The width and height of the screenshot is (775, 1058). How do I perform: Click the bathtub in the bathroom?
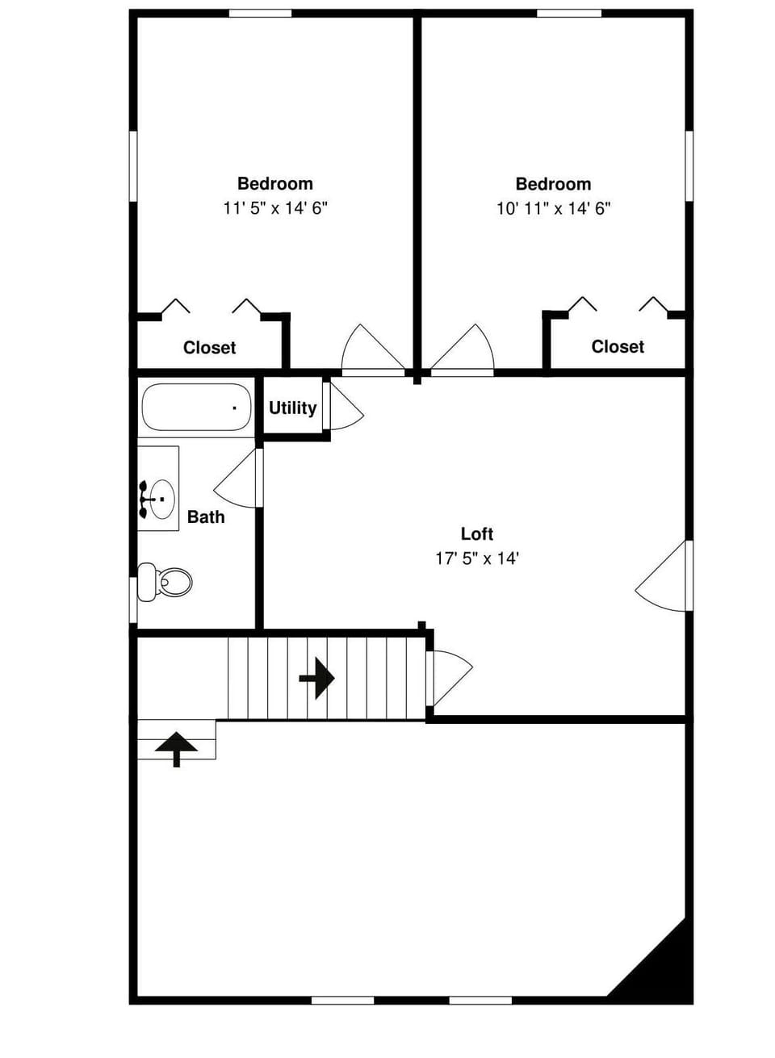pyautogui.click(x=196, y=408)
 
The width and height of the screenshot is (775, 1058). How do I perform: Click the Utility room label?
pyautogui.click(x=292, y=408)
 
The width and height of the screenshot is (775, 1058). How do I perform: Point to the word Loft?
pyautogui.click(x=476, y=533)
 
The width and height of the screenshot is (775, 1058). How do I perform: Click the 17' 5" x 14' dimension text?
pyautogui.click(x=476, y=558)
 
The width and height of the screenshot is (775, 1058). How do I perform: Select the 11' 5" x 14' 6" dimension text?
pyautogui.click(x=274, y=208)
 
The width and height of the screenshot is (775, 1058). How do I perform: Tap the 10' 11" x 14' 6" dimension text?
pyautogui.click(x=553, y=208)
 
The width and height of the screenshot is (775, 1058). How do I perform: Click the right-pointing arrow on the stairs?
pyautogui.click(x=317, y=677)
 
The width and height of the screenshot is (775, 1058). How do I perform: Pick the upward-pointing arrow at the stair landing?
pyautogui.click(x=176, y=749)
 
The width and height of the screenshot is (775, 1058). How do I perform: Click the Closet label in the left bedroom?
pyautogui.click(x=209, y=348)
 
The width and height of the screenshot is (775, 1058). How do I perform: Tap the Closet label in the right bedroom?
pyautogui.click(x=618, y=347)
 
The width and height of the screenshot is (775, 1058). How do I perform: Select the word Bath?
pyautogui.click(x=206, y=517)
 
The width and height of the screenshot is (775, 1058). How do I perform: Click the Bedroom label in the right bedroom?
pyautogui.click(x=553, y=184)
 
